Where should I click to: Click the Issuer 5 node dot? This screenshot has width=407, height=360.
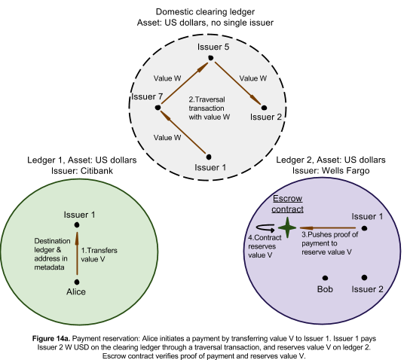[211, 58]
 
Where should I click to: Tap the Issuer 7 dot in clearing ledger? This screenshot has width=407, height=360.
[158, 108]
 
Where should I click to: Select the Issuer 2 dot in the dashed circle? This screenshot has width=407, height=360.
[264, 108]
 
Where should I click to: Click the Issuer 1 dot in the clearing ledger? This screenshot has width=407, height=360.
[209, 157]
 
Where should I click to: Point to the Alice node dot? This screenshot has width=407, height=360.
[77, 282]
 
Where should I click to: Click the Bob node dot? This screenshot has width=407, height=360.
[325, 278]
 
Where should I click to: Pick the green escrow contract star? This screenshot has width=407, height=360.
[287, 227]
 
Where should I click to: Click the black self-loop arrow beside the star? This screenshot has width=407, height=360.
[265, 228]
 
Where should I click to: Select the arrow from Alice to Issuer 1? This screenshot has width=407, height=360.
[77, 253]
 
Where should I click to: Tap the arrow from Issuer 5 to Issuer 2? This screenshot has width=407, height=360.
[237, 83]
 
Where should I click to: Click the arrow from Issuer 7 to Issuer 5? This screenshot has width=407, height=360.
[185, 84]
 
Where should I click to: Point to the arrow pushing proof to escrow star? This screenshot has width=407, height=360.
[328, 228]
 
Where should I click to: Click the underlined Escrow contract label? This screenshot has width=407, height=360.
[288, 204]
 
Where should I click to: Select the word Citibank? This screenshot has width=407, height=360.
[96, 171]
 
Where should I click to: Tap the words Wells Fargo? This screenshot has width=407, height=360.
[345, 171]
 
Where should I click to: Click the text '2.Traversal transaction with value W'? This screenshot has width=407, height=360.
[210, 108]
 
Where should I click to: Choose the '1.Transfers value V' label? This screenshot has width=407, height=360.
[99, 255]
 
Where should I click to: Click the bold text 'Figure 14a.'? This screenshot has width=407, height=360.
[51, 338]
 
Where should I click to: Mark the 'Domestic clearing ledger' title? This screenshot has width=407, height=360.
[205, 11]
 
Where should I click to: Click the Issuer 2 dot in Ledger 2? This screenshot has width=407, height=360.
[364, 277]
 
